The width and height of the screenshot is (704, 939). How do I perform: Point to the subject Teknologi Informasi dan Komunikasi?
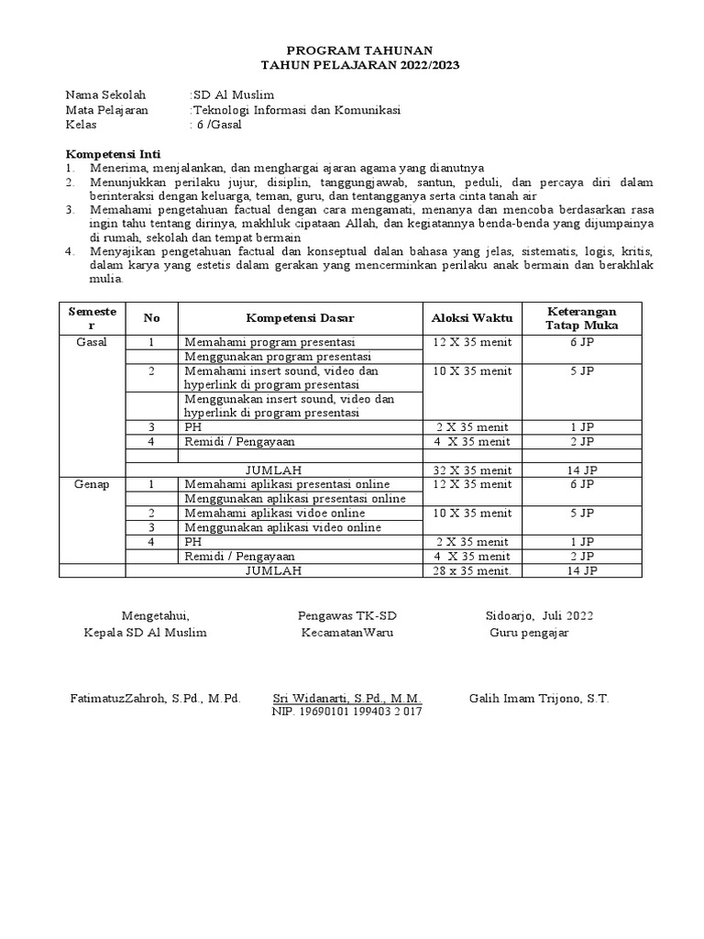(x=295, y=110)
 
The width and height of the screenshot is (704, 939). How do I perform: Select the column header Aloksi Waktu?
(x=472, y=318)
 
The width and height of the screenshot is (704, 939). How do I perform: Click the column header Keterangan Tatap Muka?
(x=581, y=318)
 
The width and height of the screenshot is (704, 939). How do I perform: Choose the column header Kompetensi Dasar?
(x=300, y=318)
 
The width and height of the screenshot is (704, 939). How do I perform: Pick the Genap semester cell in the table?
(x=92, y=484)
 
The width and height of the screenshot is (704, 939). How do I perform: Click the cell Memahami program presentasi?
(x=269, y=342)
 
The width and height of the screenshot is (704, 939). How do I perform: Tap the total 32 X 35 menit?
(x=472, y=470)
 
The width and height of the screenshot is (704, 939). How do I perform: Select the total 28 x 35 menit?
(x=472, y=570)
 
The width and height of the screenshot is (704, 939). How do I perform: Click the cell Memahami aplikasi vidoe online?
(x=274, y=513)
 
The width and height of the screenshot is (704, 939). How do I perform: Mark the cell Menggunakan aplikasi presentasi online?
(x=294, y=498)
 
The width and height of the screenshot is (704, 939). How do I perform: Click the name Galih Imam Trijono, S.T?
(x=538, y=698)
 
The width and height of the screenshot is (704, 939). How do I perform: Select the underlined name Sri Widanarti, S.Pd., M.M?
(x=347, y=698)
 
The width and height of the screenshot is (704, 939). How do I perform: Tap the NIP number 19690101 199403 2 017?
(x=346, y=712)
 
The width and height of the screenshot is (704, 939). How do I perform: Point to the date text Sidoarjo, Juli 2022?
(x=540, y=615)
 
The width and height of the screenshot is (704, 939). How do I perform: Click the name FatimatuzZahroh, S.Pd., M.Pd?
(x=155, y=698)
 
